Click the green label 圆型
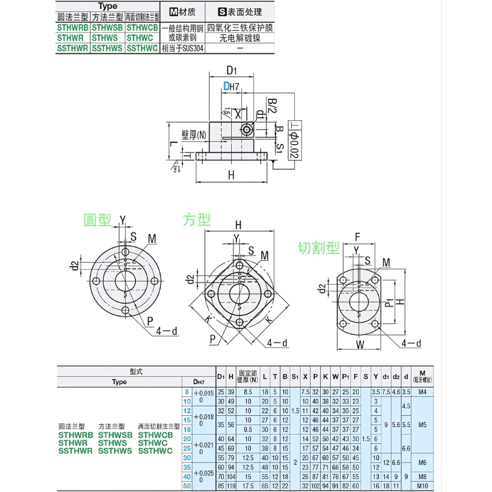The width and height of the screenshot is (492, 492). pos(97,220)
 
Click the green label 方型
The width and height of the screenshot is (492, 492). pos(196,219)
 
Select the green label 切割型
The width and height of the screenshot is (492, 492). pos(319,248)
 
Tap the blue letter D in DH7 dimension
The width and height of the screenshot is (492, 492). pos(226,87)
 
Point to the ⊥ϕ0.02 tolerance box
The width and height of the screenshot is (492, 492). pos(294,140)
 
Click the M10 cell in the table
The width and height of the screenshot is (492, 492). pos(421,486)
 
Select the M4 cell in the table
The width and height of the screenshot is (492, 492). pos(421,392)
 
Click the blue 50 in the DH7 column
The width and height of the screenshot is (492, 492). pos(186,486)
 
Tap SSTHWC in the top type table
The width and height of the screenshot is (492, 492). pos(142,48)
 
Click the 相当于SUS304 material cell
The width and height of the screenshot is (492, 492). pos(183,48)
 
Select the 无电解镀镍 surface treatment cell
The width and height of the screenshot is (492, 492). pos(240,37)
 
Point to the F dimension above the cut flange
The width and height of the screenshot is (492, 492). pos(358,237)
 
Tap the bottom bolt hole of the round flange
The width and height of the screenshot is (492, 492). pos(125,310)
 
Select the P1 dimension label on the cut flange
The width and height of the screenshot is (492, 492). pos(389,302)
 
